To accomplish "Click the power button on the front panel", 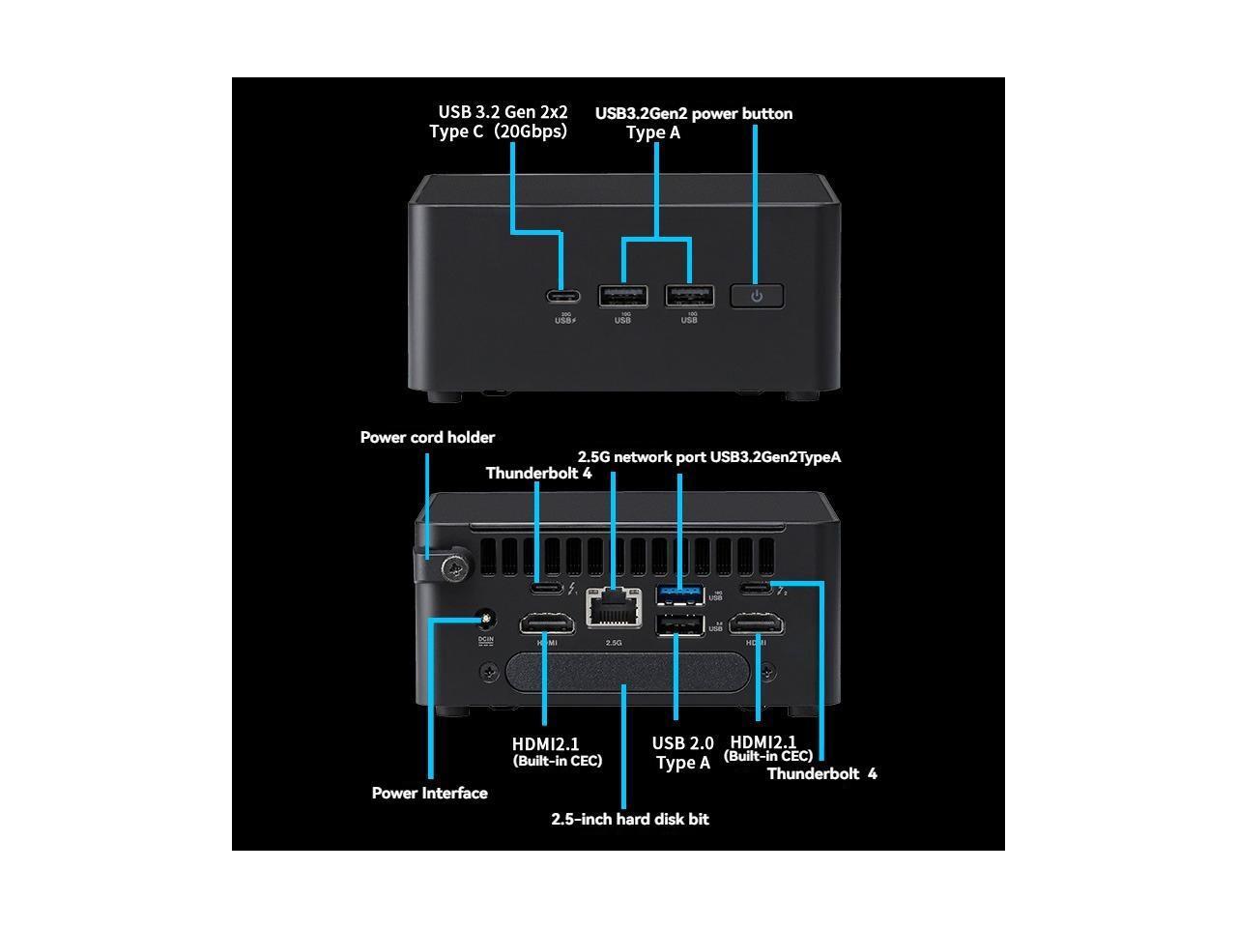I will click(756, 296).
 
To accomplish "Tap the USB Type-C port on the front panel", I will click(563, 296).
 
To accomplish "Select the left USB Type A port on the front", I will click(623, 296).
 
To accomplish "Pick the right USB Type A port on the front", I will click(689, 296).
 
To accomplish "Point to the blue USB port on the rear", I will click(679, 593).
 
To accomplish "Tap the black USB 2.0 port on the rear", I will click(679, 626).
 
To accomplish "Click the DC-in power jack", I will click(486, 619).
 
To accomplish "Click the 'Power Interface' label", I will click(429, 794).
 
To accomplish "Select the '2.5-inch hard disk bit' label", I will click(630, 820).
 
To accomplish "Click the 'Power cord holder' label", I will click(427, 438).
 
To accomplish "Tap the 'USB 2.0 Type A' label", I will click(683, 753).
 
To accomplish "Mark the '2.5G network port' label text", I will click(642, 457).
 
